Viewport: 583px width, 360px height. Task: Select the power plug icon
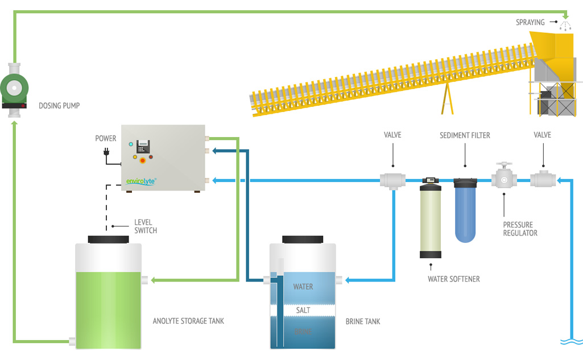coord(106,152)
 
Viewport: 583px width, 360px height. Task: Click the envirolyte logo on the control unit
coord(140,181)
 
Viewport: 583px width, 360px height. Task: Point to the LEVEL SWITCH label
coord(146,226)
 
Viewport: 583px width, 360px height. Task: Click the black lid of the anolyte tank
coord(108,239)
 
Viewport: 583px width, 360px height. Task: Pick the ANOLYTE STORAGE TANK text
coord(188,321)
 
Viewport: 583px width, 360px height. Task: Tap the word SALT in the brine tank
coord(303,311)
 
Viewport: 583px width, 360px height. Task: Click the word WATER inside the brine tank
coord(303,287)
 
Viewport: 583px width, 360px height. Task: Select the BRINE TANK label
coord(363,322)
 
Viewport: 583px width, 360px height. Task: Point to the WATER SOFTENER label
coord(454,279)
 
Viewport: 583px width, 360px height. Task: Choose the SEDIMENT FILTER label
coord(465,135)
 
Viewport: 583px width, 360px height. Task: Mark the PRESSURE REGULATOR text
coord(520,229)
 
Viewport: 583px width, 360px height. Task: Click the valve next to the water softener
coord(392,180)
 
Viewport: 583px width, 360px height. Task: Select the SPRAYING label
coord(530,23)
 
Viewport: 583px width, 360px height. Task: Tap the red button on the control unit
coord(142,160)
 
